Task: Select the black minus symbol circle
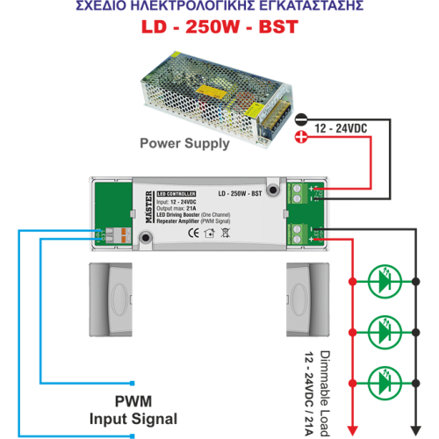coord(300,119)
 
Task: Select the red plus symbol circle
coord(300,136)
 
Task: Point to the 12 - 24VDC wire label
coord(341,128)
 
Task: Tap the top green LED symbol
coord(384,282)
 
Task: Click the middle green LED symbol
coord(384,331)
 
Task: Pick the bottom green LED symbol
coord(384,381)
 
